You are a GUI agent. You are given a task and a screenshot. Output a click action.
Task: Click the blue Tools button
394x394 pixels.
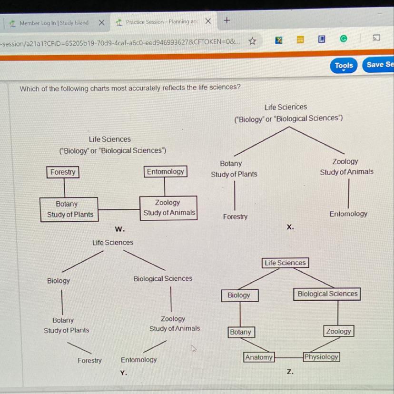coord(344,66)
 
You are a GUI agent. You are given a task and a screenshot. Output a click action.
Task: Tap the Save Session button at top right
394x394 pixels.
coord(379,65)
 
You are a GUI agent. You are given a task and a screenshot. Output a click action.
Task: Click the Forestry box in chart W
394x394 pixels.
coord(63,172)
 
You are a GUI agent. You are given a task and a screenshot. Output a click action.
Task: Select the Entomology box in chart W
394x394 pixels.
coord(166,171)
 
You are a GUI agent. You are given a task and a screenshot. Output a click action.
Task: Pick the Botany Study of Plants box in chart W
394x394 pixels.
coord(70,209)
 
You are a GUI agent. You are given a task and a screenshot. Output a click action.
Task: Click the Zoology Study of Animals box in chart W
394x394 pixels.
coord(169,208)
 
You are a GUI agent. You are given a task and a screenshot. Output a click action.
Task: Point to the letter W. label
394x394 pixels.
coord(120,229)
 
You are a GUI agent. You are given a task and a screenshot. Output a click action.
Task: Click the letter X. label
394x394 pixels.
coord(290,227)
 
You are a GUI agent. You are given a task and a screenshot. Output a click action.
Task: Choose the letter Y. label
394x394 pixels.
coord(123,373)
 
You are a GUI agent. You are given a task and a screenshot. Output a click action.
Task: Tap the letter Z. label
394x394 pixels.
coord(290,372)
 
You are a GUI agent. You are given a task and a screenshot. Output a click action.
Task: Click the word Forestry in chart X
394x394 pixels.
coord(235,217)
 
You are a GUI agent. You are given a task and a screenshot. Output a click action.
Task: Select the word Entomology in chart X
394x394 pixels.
coord(348,214)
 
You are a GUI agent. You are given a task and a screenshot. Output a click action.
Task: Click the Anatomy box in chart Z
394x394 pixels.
coord(259,357)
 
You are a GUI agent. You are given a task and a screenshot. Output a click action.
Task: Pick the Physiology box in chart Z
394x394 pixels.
coord(321,357)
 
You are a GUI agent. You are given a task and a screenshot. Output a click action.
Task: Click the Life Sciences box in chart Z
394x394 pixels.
coord(285,263)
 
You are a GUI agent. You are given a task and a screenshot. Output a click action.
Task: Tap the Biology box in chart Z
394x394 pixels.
coord(239,295)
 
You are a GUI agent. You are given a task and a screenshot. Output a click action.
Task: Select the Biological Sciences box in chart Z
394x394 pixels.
coord(327,294)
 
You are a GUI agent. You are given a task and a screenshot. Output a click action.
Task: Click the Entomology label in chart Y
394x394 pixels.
coord(138,360)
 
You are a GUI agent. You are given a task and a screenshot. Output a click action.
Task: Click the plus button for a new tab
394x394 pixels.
coord(227,20)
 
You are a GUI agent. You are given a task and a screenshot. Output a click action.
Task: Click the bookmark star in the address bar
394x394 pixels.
coord(252,41)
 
